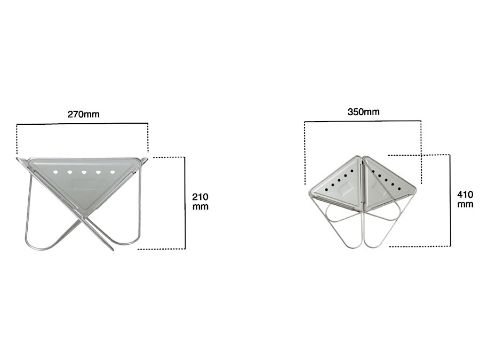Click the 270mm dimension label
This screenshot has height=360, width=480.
pyautogui.click(x=84, y=115)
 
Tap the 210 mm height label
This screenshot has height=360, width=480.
pyautogui.click(x=200, y=202)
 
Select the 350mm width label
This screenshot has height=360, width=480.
pyautogui.click(x=363, y=112)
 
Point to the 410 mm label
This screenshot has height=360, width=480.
pyautogui.click(x=465, y=199)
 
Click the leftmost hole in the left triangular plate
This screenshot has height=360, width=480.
pyautogui.click(x=55, y=172)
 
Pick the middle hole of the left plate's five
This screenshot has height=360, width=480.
pyautogui.click(x=84, y=173)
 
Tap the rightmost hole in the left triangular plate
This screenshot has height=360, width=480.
pyautogui.click(x=113, y=172)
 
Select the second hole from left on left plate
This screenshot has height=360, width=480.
pyautogui.click(x=69, y=172)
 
